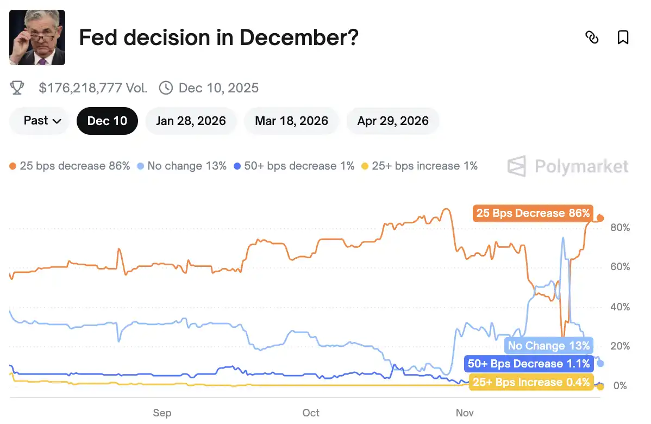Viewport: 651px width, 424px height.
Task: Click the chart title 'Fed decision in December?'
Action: pos(218,38)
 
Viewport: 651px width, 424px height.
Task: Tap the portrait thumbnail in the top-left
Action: pos(37,38)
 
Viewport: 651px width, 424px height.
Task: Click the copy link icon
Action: pos(592,38)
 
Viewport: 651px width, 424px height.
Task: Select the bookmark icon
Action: pos(623,38)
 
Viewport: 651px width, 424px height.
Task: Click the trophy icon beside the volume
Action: pos(17,88)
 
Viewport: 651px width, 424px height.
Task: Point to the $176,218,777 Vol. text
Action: pos(93,88)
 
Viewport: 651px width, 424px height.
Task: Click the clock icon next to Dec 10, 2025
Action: pos(166,88)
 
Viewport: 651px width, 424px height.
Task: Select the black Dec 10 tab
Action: pos(107,121)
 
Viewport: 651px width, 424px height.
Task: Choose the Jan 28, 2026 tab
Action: pos(191,121)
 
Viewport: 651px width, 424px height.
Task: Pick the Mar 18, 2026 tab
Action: pos(291,121)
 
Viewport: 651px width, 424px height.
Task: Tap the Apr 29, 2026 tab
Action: pos(393,121)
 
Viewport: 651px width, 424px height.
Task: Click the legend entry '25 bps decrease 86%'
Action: pos(70,166)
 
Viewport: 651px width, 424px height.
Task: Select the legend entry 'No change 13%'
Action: pos(182,166)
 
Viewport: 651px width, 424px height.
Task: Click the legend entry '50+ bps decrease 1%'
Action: pos(294,166)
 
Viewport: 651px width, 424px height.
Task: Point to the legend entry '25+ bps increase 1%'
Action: pos(420,166)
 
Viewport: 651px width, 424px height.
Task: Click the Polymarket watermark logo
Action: pos(568,166)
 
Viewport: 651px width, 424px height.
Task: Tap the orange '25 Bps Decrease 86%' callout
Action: pos(533,213)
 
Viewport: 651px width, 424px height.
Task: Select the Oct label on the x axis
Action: pos(311,413)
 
